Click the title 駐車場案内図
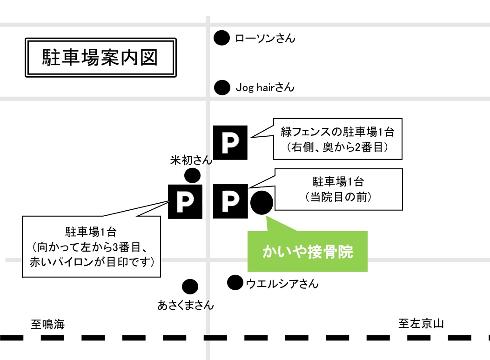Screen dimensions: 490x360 tap(100, 58)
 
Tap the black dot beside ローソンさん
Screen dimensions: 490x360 tap(222, 38)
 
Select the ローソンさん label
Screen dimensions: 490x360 tap(265, 38)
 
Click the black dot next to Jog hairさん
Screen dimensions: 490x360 tap(222, 87)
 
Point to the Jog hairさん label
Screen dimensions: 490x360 tap(265, 87)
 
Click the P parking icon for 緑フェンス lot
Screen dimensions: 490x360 tap(230, 143)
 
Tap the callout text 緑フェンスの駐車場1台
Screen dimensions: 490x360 tap(337, 132)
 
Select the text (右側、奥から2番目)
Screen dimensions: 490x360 tap(337, 147)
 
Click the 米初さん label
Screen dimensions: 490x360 tap(191, 160)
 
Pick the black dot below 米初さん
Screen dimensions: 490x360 tap(193, 175)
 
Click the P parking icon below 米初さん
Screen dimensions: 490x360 tap(185, 202)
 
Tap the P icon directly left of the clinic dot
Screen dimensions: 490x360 tap(230, 201)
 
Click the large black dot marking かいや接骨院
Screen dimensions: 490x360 tap(262, 203)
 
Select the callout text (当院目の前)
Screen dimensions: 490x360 tap(338, 197)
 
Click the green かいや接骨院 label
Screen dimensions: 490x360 tap(308, 252)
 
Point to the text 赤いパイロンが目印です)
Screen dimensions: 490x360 tap(92, 262)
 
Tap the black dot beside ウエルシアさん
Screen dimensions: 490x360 tap(235, 283)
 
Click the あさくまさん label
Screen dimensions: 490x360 tap(186, 305)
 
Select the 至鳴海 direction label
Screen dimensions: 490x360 tap(48, 324)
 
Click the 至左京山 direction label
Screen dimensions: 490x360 tap(421, 323)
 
